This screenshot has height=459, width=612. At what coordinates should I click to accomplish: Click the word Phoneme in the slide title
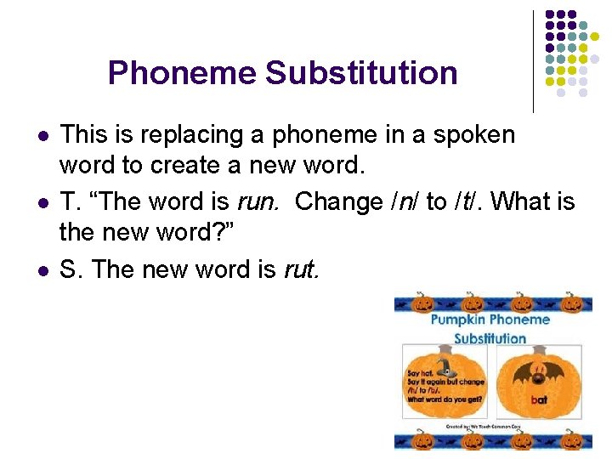pyautogui.click(x=182, y=73)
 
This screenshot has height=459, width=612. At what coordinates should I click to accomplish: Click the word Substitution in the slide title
pyautogui.click(x=361, y=73)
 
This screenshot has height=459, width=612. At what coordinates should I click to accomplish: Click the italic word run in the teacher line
pyautogui.click(x=262, y=203)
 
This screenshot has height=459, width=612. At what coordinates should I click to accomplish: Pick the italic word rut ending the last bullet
pyautogui.click(x=300, y=270)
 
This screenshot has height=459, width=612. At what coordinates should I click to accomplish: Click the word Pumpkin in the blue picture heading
pyautogui.click(x=460, y=320)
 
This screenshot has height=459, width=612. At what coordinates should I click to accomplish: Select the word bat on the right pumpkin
pyautogui.click(x=539, y=399)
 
